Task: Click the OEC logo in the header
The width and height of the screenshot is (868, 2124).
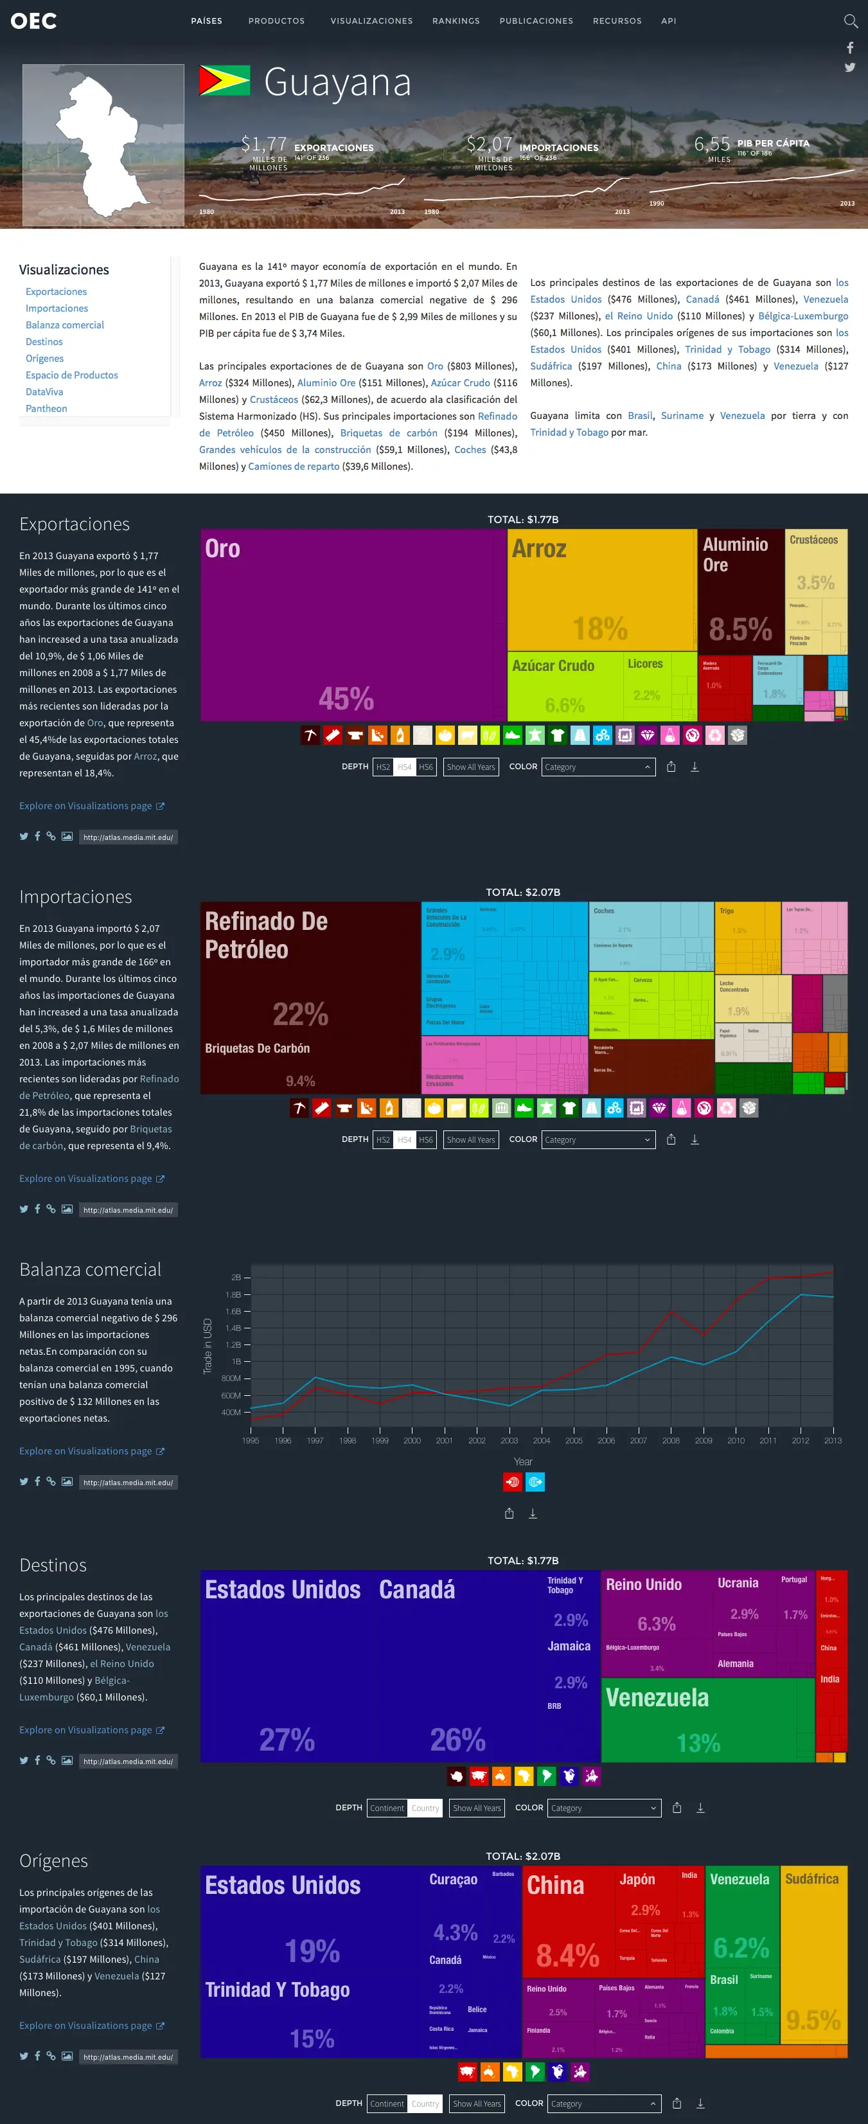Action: point(34,21)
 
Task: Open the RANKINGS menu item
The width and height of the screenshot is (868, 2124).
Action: point(456,21)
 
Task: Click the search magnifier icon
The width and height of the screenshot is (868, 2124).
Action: point(850,21)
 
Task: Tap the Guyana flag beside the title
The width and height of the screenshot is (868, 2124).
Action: point(224,81)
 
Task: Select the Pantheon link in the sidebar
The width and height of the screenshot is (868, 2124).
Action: point(46,408)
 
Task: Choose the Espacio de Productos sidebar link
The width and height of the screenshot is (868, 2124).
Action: point(72,375)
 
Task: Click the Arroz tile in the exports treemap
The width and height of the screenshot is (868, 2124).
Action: point(602,589)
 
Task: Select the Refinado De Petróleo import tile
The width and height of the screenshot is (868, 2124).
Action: point(309,973)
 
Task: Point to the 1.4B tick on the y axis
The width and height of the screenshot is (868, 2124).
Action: point(233,1328)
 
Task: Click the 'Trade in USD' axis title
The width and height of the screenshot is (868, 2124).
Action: point(208,1346)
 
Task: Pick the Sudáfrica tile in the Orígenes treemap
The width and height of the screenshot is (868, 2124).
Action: point(813,1954)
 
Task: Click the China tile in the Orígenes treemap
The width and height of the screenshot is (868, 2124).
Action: point(569,1921)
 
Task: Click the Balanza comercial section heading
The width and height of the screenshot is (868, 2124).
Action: point(91,1270)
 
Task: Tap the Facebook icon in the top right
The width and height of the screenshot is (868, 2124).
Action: point(850,48)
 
